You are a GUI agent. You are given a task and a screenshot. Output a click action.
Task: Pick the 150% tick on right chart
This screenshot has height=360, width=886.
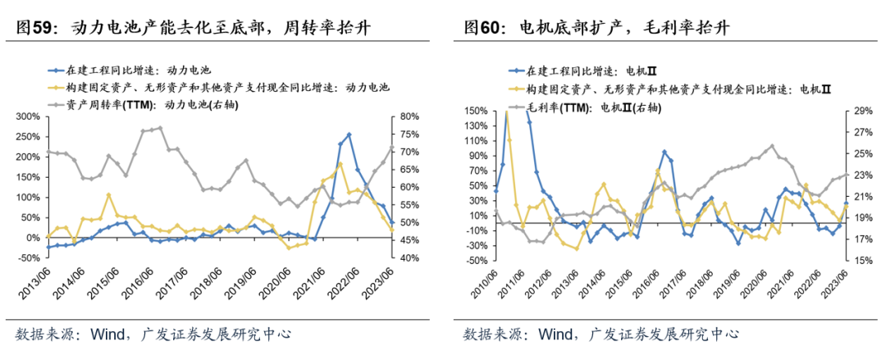pos(477,110)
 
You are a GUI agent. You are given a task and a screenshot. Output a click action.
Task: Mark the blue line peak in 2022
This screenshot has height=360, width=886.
pos(349,134)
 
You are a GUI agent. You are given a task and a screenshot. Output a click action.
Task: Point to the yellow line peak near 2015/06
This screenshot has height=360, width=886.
pos(108,194)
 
